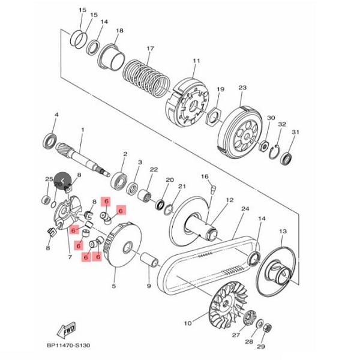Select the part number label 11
point(196,62)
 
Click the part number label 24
point(244,209)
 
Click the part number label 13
point(283,230)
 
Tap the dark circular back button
point(62,181)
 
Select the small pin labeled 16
point(212,190)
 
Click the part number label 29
point(261,347)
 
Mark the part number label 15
point(83,11)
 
